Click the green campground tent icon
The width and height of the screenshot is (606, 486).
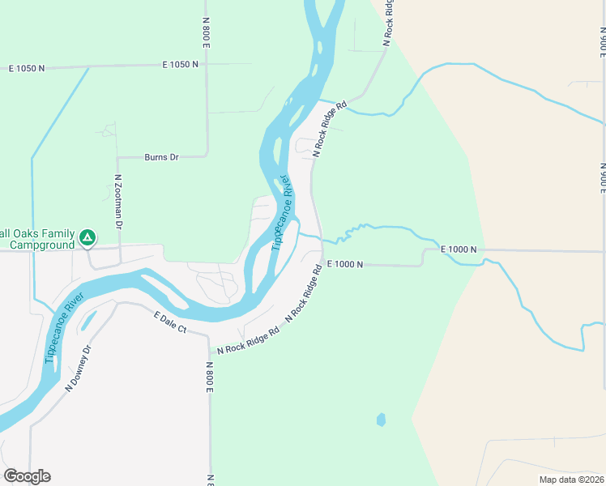click(x=87, y=239)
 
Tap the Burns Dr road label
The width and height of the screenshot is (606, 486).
click(x=161, y=157)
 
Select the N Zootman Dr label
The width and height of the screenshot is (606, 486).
click(x=118, y=201)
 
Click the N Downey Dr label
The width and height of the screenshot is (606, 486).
click(x=79, y=369)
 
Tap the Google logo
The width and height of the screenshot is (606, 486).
click(x=27, y=476)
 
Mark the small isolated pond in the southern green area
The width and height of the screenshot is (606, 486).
click(x=381, y=420)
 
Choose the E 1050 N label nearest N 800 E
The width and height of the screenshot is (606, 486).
click(x=180, y=63)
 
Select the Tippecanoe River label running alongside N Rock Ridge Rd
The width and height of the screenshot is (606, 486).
click(x=280, y=211)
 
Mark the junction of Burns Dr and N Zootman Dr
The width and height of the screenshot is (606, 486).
click(x=118, y=157)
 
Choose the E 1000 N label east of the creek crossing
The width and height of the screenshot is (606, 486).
click(x=459, y=249)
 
